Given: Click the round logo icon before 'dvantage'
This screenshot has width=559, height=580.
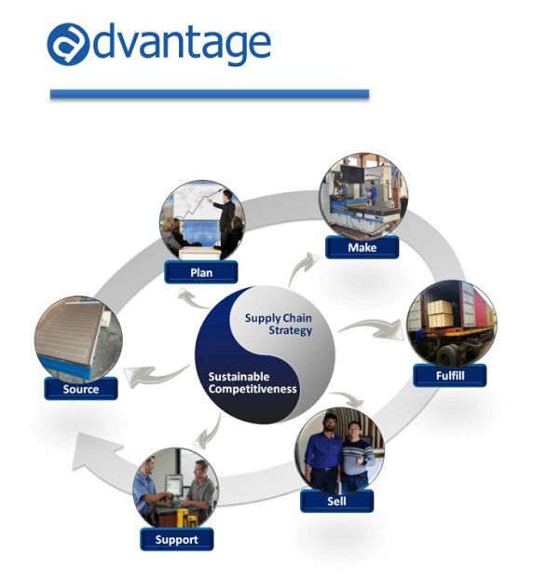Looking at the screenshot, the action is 68,45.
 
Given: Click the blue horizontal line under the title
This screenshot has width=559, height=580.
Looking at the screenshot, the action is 210,94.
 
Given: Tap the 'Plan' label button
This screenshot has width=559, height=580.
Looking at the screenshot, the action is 201,272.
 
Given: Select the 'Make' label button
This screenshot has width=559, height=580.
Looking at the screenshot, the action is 362,247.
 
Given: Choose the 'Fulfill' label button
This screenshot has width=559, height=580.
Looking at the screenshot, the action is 450,376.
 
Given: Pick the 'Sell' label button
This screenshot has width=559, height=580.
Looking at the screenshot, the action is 336,501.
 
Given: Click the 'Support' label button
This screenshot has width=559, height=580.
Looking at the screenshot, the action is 177,539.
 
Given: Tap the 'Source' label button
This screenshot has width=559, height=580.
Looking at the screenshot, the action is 81,389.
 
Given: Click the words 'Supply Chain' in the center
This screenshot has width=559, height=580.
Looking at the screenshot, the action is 279,318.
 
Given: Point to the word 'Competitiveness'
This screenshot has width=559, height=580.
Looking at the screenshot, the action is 252,389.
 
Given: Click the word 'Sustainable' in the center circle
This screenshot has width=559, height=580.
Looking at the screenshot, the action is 239,377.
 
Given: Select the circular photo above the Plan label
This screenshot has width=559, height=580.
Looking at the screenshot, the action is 202,221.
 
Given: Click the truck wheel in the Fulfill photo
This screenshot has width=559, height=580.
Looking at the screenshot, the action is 447,355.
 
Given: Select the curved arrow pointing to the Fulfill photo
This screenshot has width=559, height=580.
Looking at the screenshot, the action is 371,329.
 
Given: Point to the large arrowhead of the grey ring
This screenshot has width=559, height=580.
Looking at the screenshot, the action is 97,451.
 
